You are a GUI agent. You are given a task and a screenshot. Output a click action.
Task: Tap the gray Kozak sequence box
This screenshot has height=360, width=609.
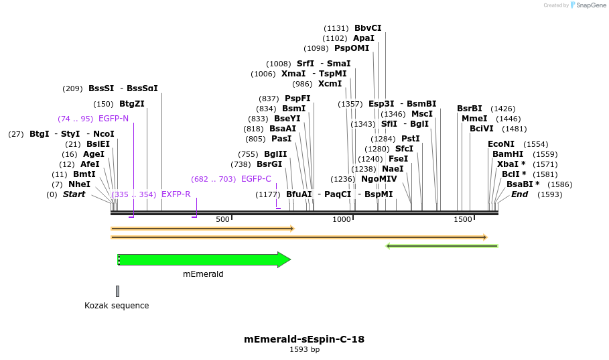(117, 291)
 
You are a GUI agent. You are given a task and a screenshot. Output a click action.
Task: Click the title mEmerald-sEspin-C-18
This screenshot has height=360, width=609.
(304, 339)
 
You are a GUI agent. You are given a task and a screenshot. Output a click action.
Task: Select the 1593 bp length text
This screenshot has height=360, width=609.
(304, 349)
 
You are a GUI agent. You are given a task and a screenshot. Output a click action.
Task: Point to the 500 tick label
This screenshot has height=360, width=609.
(222, 219)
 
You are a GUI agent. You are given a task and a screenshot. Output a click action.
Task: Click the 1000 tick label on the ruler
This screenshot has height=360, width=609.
(342, 219)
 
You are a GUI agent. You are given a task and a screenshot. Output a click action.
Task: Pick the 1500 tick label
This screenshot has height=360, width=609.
(463, 219)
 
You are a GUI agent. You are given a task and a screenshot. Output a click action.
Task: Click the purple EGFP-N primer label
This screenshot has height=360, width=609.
(113, 119)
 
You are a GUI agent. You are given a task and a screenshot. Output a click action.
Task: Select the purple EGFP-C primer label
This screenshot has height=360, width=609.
(256, 179)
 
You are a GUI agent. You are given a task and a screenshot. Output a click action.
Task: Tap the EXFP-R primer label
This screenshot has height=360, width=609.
(176, 194)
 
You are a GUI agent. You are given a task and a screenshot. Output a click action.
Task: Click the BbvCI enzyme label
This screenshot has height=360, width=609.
(368, 28)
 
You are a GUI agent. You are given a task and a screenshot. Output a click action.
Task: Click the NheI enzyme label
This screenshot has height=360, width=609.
(79, 184)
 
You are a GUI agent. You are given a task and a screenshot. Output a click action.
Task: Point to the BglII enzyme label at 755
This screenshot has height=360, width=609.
(275, 154)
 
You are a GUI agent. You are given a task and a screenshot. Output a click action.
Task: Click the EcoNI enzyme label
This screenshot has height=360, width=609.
(501, 144)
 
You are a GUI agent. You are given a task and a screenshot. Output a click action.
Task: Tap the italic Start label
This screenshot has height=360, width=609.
(74, 194)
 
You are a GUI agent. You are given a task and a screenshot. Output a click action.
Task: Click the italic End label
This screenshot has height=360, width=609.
(519, 194)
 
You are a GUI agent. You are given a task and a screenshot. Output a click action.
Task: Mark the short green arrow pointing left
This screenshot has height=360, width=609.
(442, 246)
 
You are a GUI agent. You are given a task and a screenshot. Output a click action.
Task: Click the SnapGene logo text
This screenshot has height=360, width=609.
(588, 5)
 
